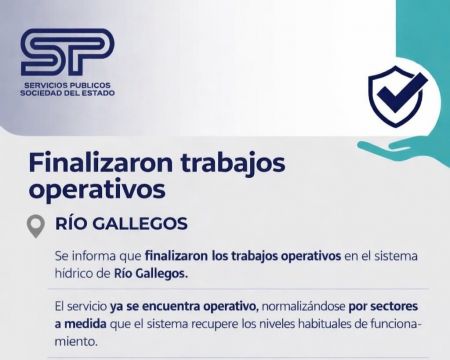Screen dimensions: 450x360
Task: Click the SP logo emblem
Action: (x=67, y=52)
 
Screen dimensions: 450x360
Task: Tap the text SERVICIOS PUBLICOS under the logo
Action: (x=67, y=86)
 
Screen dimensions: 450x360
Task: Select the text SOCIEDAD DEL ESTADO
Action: (x=67, y=93)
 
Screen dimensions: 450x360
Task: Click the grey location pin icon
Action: (x=36, y=226)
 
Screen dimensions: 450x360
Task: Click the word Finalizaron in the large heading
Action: (x=101, y=163)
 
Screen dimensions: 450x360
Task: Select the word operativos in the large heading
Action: (x=97, y=191)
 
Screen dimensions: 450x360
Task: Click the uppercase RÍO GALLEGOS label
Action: (x=121, y=224)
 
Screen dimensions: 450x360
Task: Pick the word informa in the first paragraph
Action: (x=95, y=256)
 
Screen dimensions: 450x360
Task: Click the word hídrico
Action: (x=73, y=274)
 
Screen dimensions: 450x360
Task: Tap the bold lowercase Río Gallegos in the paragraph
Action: (x=151, y=274)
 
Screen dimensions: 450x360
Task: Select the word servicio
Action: (x=86, y=307)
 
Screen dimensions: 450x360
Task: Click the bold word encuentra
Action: (x=171, y=307)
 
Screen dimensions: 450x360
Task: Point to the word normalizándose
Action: (x=303, y=307)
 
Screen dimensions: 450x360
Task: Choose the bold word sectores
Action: (x=394, y=307)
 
